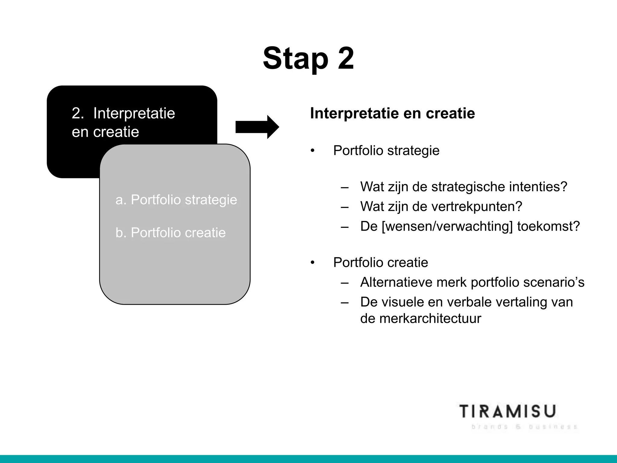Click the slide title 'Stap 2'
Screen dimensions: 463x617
coord(308,59)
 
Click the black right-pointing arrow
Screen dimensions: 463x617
coord(257,127)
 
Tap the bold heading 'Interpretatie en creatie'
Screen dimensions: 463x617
coord(392,113)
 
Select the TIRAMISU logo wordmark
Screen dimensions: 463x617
coord(508,412)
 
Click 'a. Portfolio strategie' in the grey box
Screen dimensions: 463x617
coord(176,200)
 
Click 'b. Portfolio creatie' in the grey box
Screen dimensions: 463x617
coord(171,233)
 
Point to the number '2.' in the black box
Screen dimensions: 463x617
coord(78,114)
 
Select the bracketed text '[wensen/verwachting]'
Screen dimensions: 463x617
coord(447,226)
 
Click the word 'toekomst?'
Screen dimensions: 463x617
coord(548,226)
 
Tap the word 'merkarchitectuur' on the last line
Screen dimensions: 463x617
coord(421,319)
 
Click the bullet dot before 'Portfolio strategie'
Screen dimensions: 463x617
coord(313,151)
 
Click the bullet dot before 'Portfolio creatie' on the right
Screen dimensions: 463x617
coord(313,263)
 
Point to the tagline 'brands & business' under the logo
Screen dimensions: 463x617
coord(524,427)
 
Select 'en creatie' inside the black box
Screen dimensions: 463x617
coord(105,132)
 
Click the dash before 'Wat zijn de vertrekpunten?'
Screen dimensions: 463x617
coord(345,207)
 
